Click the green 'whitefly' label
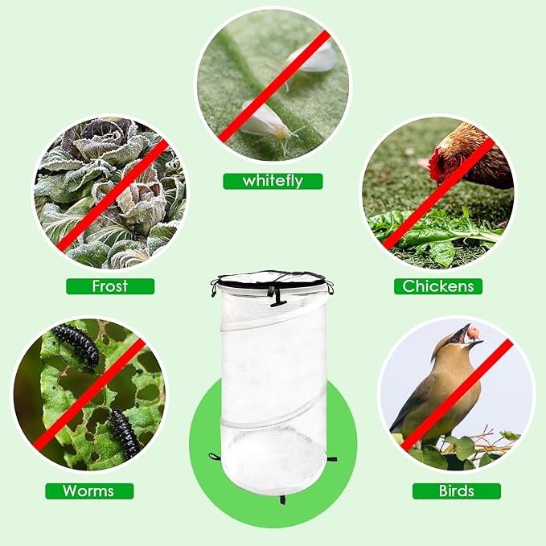pos(273,181)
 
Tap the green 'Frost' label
pos(110,286)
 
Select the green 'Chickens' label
pos(438,286)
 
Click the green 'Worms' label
pos(89,491)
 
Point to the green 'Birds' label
pos(457,491)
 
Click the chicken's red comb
pos(435,164)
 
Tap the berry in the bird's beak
pos(474,332)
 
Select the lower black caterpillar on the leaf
pos(124,433)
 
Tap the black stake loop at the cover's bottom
pos(282,499)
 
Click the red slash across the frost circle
pos(112,195)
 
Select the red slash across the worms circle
pos(89,394)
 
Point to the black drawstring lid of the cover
pos(273,279)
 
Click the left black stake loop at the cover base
pos(215,456)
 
